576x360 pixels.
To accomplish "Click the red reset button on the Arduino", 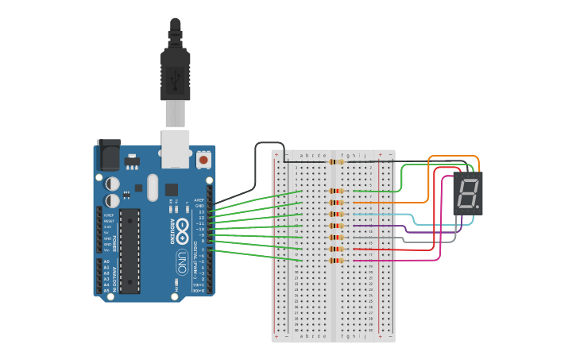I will (203, 160).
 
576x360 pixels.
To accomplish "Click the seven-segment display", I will (467, 193).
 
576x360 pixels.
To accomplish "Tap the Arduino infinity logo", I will (182, 230).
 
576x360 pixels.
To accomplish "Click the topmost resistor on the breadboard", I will (337, 161).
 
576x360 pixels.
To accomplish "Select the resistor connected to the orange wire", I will (337, 202).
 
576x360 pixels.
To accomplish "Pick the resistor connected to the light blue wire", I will (337, 214).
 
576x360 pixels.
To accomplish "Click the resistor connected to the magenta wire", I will (337, 261).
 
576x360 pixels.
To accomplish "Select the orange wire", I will (429, 179).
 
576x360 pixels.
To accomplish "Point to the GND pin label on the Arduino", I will (199, 206).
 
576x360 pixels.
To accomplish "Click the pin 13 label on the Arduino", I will (200, 212).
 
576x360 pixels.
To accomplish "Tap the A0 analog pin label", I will (106, 261).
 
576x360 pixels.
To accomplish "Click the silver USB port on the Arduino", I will (176, 149).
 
